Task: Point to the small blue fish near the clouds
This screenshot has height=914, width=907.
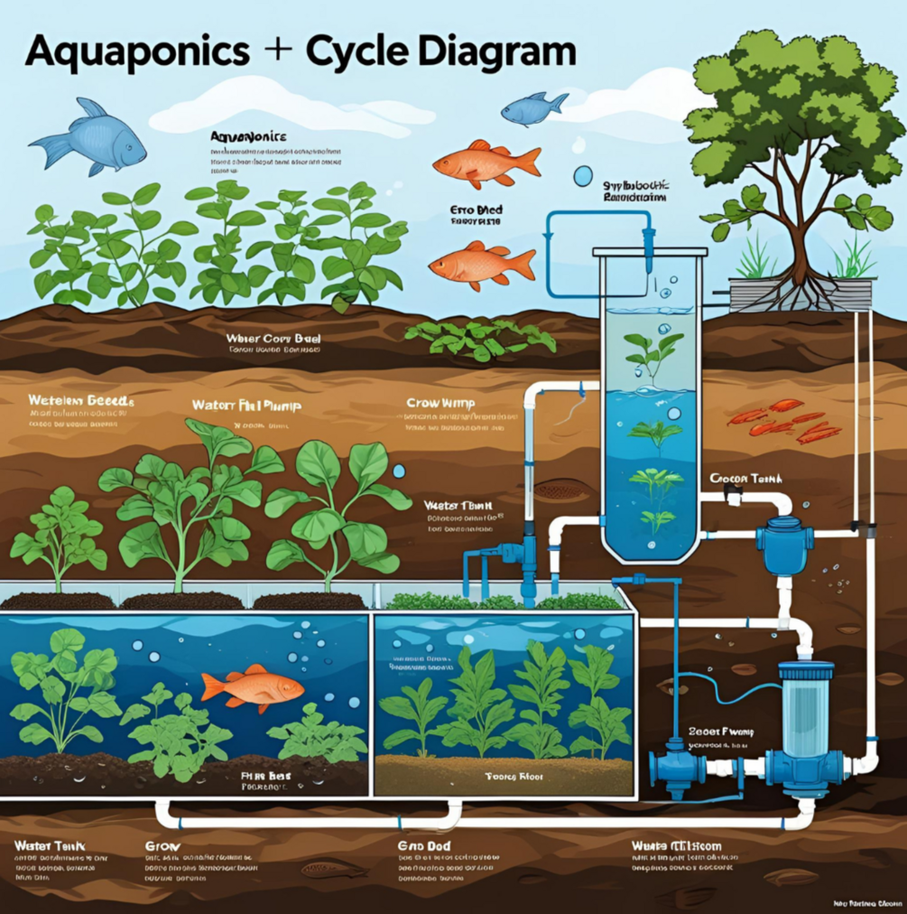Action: pyautogui.click(x=533, y=109)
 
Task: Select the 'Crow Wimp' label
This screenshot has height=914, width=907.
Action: pyautogui.click(x=440, y=403)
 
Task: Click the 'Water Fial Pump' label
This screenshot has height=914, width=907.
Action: pyautogui.click(x=246, y=406)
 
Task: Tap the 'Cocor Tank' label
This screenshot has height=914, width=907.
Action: pyautogui.click(x=745, y=479)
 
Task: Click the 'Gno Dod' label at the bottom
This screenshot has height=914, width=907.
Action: pyautogui.click(x=423, y=846)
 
